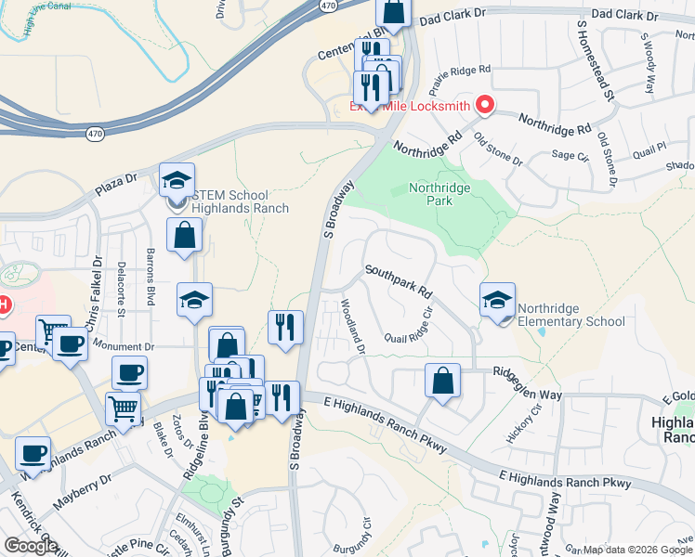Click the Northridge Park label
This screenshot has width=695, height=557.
click(440, 195)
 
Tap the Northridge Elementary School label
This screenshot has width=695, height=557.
click(570, 315)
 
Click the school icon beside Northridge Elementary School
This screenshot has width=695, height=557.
click(497, 300)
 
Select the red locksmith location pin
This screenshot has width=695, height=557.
click(484, 106)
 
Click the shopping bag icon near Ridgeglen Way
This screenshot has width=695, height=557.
click(443, 381)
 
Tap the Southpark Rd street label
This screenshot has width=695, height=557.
click(400, 280)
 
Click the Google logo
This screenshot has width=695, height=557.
click(31, 546)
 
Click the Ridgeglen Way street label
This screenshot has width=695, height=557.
click(527, 384)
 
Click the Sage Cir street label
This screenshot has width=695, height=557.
click(570, 155)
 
